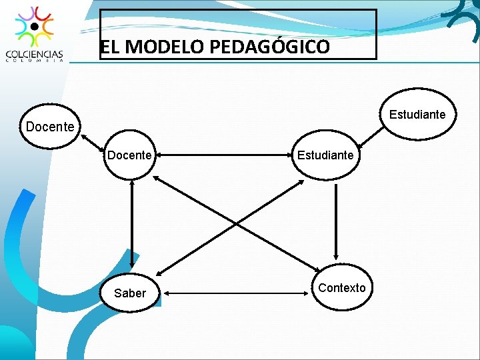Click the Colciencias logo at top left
click(35, 27)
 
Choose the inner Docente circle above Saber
click(129, 155)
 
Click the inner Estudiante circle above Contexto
click(325, 155)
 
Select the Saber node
click(130, 293)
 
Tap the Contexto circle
click(341, 287)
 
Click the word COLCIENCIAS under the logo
click(35, 54)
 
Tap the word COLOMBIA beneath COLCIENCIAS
click(35, 61)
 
